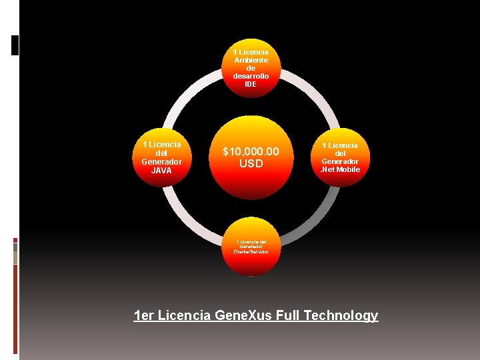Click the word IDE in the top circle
click(251, 85)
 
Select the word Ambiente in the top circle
click(251, 60)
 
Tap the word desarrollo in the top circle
click(251, 76)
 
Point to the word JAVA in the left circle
click(161, 171)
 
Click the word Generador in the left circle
click(161, 162)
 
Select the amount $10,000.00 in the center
click(251, 153)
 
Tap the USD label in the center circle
click(251, 164)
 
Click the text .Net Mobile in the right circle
click(340, 169)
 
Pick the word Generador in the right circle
click(340, 161)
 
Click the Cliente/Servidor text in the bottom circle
click(251, 251)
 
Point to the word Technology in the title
click(341, 315)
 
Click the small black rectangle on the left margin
click(15, 45)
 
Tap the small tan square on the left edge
click(15, 258)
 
